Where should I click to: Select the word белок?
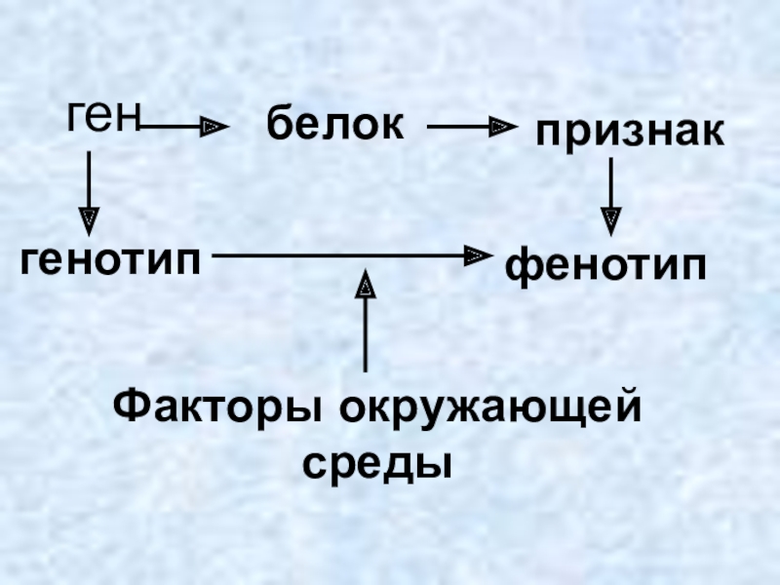335,125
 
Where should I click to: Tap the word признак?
629,132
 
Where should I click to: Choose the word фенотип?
604,264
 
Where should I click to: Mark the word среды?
378,459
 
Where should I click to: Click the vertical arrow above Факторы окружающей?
366,322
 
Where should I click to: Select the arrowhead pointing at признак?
501,126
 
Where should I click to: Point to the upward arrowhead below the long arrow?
366,285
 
